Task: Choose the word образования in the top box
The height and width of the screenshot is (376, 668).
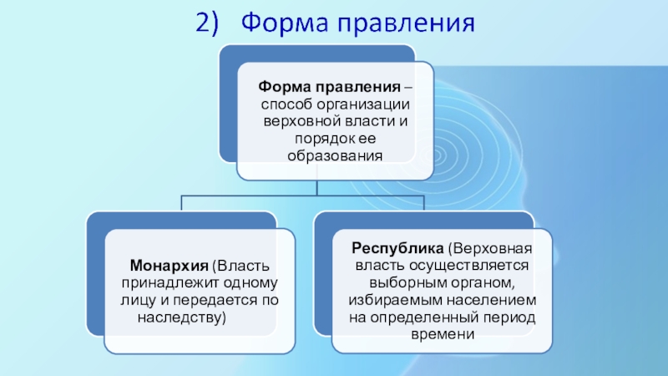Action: pos(335,155)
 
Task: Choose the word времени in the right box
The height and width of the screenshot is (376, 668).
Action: pos(443,334)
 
